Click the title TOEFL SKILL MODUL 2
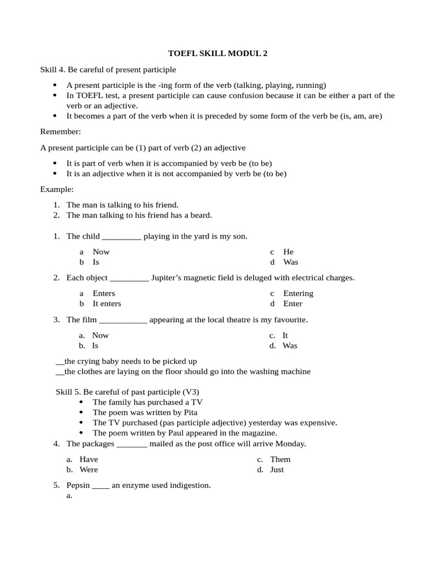[x=217, y=54]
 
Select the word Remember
[x=61, y=132]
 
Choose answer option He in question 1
[x=288, y=251]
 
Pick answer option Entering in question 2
[x=298, y=293]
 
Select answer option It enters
[x=106, y=304]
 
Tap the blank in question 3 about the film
[x=123, y=320]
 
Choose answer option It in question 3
[x=285, y=335]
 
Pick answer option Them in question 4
[x=280, y=459]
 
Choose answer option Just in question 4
[x=277, y=470]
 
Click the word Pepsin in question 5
[x=78, y=485]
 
